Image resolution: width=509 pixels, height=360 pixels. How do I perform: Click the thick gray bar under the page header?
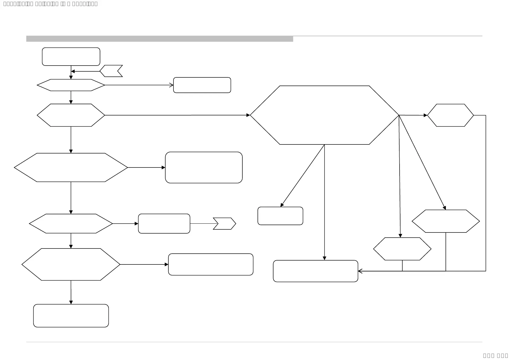pos(160,39)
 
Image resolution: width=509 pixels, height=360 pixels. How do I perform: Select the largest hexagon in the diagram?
pos(324,115)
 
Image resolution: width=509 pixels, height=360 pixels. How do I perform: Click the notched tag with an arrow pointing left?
pos(111,71)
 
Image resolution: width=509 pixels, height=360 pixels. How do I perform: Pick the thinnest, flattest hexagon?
pos(71,85)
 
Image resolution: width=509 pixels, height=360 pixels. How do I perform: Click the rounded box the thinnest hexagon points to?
pos(202,85)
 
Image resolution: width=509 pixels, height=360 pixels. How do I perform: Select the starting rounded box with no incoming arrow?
pos(71,57)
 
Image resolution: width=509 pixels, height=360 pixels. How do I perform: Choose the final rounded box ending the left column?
pos(71,316)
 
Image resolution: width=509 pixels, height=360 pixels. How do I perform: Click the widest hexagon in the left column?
pos(71,167)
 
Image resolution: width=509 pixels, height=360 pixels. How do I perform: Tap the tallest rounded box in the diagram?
pos(204,167)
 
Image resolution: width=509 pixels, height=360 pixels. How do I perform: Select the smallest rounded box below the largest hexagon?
pos(280,216)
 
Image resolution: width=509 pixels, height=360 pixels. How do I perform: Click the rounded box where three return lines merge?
pos(315,271)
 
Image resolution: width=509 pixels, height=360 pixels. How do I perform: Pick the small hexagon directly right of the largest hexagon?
pos(450,115)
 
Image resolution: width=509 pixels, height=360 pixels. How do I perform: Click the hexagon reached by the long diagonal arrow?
pos(446,221)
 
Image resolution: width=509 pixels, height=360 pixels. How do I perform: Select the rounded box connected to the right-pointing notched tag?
pos(164,224)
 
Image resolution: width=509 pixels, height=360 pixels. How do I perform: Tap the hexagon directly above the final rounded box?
pos(71,264)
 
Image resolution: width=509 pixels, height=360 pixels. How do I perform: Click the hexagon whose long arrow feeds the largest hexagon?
pos(71,115)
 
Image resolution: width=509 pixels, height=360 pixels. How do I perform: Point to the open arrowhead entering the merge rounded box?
pos(360,271)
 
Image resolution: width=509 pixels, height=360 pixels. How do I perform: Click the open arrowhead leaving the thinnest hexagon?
pos(171,85)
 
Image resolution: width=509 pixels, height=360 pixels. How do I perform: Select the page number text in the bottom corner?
pos(495,355)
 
